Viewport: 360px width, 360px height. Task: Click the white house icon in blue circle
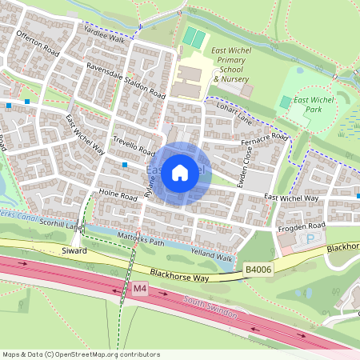180,172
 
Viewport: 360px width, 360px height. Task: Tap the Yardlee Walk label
106,38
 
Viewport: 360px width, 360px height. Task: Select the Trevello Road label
133,143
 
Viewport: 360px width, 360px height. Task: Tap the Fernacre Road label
264,141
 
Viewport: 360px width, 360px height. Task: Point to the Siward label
74,251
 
